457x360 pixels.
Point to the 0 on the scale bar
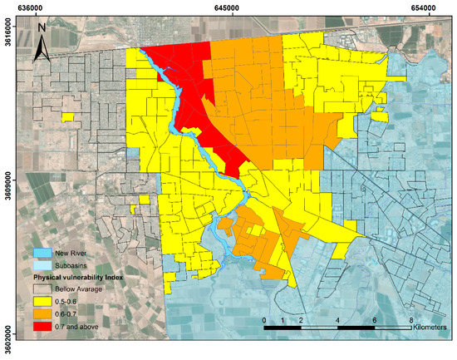(x=264, y=319)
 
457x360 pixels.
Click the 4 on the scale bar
(x=337, y=319)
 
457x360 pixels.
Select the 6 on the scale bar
(x=374, y=319)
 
